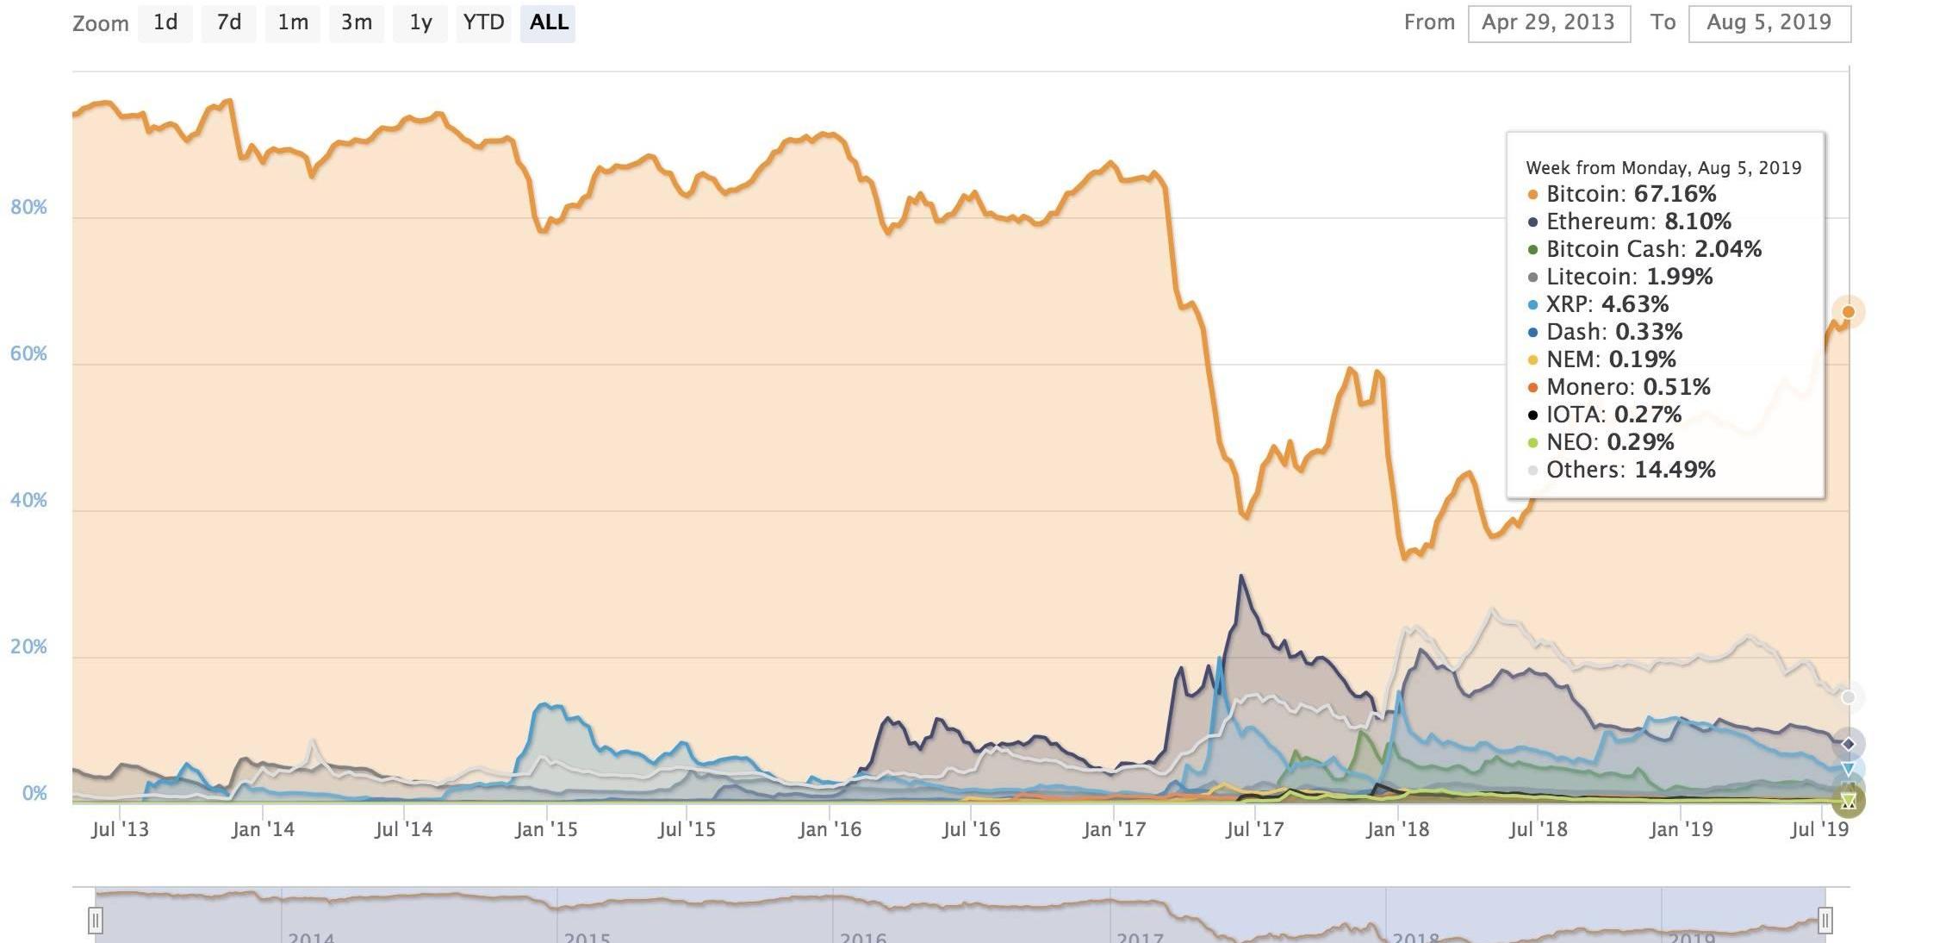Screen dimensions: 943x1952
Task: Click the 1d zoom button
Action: point(165,22)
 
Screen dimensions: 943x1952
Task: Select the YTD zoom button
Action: point(483,22)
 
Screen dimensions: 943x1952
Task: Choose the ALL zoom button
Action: point(549,22)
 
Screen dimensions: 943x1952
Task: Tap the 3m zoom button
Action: point(356,22)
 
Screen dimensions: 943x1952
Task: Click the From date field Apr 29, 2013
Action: point(1548,22)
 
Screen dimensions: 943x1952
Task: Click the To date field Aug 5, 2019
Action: point(1769,22)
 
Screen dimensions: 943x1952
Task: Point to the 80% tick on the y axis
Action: point(28,208)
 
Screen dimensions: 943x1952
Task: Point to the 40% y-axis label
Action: point(28,501)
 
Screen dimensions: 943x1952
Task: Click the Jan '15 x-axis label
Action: point(546,829)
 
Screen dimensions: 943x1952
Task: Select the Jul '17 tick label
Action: point(1254,829)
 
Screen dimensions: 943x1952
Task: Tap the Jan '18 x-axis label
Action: point(1397,829)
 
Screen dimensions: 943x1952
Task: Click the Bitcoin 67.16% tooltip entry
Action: point(1630,194)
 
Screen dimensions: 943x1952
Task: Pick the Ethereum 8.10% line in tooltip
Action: point(1638,222)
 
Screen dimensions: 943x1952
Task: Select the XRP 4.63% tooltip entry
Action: point(1607,304)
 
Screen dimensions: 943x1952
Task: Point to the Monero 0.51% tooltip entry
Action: point(1627,387)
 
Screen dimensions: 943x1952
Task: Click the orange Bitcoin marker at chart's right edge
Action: point(1848,312)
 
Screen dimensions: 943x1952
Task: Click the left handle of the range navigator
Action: point(96,920)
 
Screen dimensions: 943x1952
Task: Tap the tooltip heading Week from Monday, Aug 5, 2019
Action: point(1663,168)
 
